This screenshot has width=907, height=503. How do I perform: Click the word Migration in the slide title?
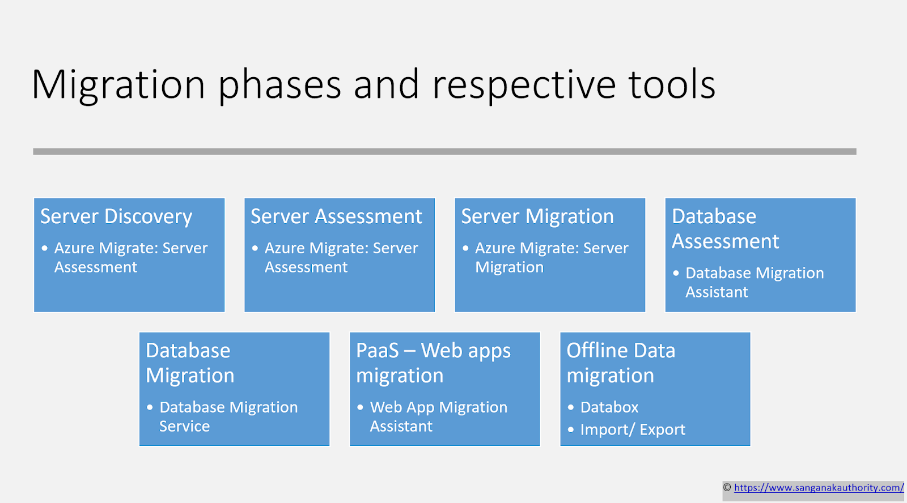[x=118, y=85]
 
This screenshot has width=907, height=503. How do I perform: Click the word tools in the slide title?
[x=672, y=85]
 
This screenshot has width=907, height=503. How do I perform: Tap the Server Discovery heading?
[x=116, y=216]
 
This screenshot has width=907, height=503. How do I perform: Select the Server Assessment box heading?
[x=336, y=216]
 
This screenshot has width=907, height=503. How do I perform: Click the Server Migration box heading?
[x=537, y=216]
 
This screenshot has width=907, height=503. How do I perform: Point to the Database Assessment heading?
[x=725, y=229]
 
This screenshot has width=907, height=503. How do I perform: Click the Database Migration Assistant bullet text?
[x=754, y=282]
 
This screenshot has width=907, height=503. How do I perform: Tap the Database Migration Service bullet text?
[x=228, y=416]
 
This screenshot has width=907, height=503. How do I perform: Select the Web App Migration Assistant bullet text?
[x=438, y=416]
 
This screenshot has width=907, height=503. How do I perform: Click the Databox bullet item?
[x=609, y=407]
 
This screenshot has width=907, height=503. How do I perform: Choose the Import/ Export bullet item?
[x=633, y=429]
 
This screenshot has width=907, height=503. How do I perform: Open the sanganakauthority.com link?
[x=819, y=488]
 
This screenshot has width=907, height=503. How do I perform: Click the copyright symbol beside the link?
[x=727, y=488]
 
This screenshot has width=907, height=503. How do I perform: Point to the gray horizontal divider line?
[x=444, y=151]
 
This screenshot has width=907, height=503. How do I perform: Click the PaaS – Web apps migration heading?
[x=433, y=363]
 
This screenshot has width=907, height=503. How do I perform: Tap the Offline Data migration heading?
[x=621, y=363]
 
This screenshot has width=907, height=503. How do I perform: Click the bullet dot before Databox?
[x=571, y=407]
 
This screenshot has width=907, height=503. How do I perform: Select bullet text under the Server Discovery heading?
[x=130, y=257]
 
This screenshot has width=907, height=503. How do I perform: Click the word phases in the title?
[x=279, y=85]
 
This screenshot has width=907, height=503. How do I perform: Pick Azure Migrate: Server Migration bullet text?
[x=551, y=257]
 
